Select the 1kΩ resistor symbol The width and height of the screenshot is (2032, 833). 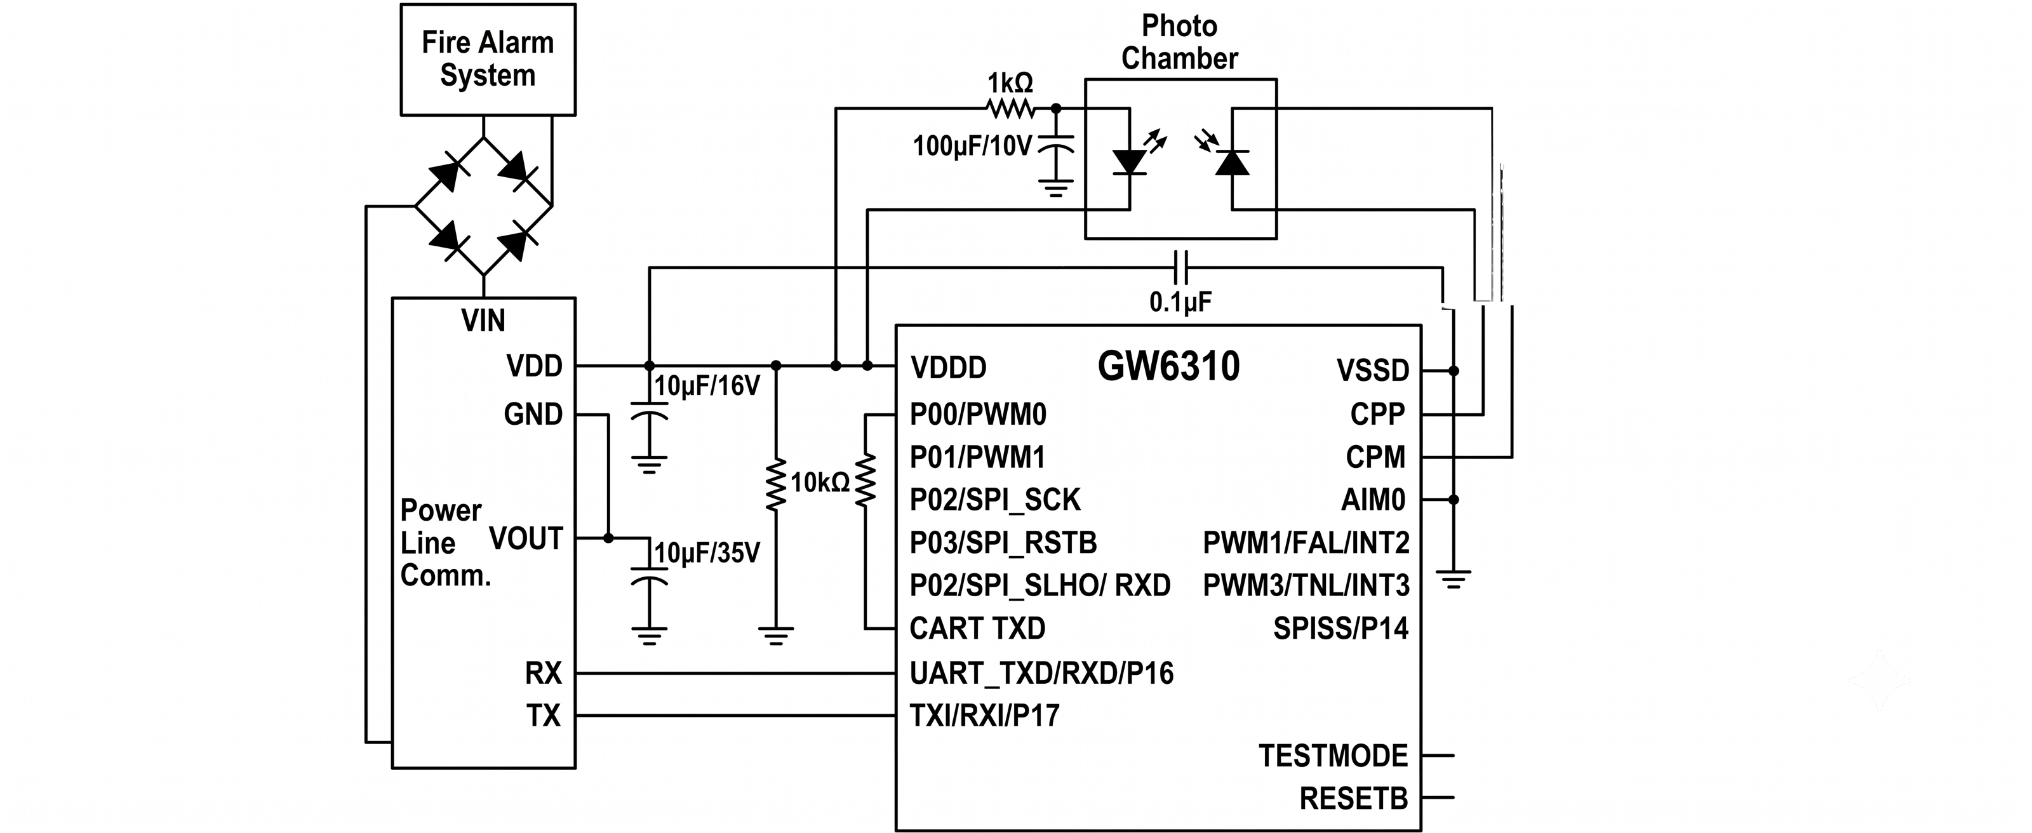pos(1010,108)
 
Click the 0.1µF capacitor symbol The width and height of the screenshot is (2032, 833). pos(1180,267)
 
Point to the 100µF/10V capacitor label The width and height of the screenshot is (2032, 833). pos(972,146)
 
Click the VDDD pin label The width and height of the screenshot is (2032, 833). pos(948,368)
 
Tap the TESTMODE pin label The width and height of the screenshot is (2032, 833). pos(1333,756)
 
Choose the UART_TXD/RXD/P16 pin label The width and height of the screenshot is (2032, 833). pos(1041,673)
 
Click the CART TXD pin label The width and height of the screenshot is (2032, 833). pos(977,629)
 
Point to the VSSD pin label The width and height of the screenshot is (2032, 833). pos(1372,370)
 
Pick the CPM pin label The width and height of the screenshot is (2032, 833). pos(1375,456)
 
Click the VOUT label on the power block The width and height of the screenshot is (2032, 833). pos(526,539)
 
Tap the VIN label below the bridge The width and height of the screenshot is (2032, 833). pos(483,320)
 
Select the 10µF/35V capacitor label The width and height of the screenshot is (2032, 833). pos(707,553)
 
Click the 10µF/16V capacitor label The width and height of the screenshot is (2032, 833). pos(707,386)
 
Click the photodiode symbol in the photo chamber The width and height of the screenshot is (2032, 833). pos(1231,162)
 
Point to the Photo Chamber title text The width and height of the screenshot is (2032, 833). pos(1179,43)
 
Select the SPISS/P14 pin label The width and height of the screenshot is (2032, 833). pos(1340,628)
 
